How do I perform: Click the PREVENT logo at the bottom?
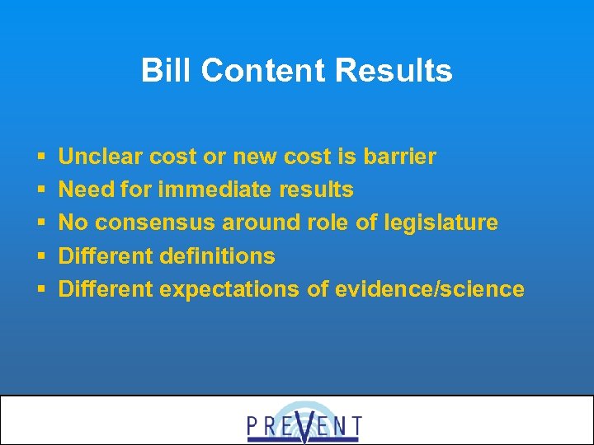(304, 424)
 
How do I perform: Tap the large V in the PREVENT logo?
(304, 424)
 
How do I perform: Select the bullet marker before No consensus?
(40, 223)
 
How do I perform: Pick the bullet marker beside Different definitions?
(40, 256)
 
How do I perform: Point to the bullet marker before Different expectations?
(40, 290)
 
